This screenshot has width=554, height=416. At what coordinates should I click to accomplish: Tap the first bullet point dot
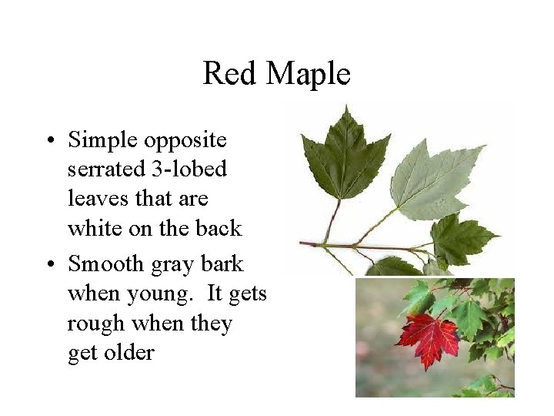click(48, 141)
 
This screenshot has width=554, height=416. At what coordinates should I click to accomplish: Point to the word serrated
click(102, 169)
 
